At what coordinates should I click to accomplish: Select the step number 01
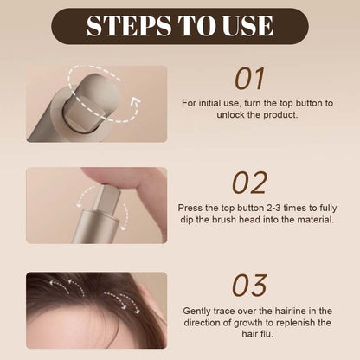click(x=249, y=79)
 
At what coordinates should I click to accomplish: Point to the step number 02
click(x=249, y=183)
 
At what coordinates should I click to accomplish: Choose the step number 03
click(x=249, y=286)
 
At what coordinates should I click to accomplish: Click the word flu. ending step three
click(x=266, y=334)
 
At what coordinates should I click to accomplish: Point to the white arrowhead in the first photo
click(x=136, y=102)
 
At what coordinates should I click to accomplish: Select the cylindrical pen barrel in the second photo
click(x=95, y=227)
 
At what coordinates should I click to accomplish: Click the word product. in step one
click(x=280, y=115)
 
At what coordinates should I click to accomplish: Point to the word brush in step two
click(x=225, y=220)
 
